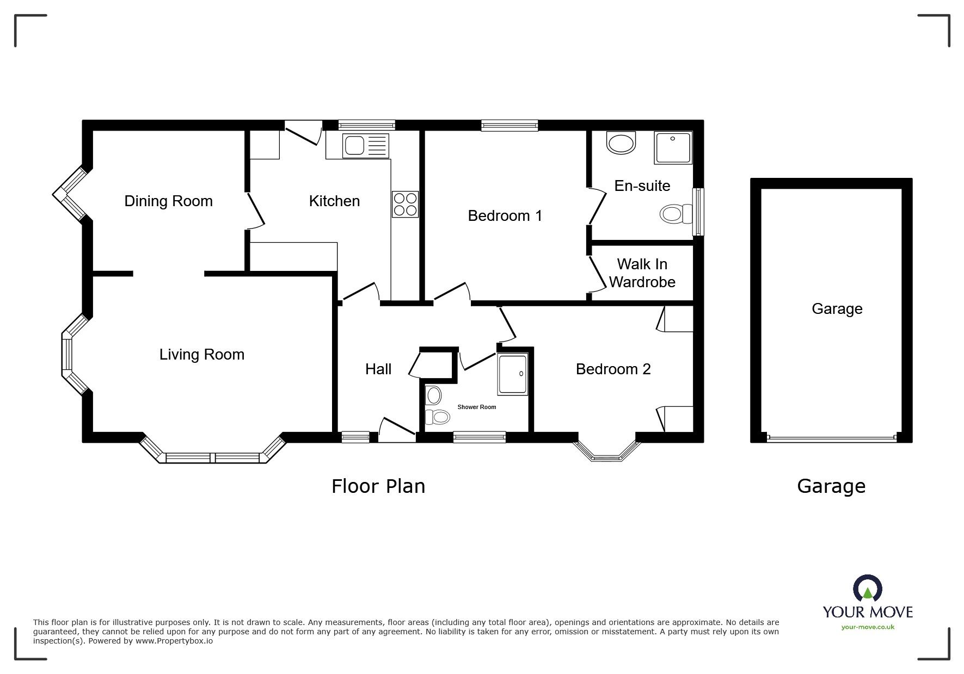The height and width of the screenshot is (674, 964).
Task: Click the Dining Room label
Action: tap(168, 201)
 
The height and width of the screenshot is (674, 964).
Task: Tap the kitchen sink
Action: tap(366, 145)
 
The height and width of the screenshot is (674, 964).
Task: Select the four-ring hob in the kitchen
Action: tap(405, 205)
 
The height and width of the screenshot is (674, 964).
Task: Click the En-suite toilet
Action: tap(673, 214)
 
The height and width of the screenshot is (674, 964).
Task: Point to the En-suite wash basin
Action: tap(621, 143)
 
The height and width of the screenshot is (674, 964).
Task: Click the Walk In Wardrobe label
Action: tap(642, 273)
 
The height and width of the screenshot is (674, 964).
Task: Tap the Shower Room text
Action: tap(477, 407)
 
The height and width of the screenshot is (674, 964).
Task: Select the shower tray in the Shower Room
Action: tap(512, 374)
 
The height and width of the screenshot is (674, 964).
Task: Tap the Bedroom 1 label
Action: tap(505, 216)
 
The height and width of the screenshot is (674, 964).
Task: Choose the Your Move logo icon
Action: tap(867, 590)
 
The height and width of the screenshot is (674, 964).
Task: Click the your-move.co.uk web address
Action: tap(868, 627)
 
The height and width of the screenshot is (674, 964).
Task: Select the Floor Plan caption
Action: tap(378, 486)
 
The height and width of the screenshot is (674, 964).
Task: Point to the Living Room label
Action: tap(201, 355)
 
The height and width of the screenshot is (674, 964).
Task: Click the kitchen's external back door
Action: tap(302, 133)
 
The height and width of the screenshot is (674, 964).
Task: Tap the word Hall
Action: tap(378, 369)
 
